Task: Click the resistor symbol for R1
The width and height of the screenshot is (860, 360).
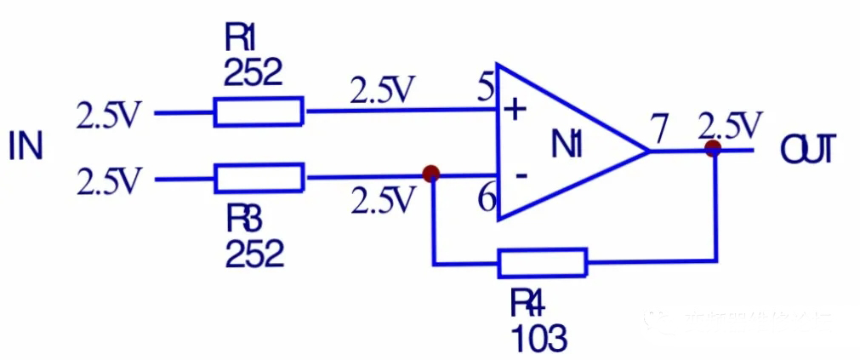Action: tap(258, 111)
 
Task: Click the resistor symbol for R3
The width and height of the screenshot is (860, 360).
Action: tap(258, 179)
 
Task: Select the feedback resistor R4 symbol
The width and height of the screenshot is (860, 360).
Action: tap(542, 263)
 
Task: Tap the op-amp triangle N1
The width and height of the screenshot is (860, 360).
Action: tap(561, 145)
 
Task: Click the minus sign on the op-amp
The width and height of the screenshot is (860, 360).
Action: tap(521, 175)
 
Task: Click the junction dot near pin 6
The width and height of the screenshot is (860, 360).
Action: tap(431, 174)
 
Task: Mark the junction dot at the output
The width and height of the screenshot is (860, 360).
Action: tap(713, 149)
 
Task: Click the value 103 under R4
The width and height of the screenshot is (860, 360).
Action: tap(539, 338)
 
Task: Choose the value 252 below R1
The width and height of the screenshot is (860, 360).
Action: tap(252, 73)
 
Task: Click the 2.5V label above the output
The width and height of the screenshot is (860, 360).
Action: tap(729, 126)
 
